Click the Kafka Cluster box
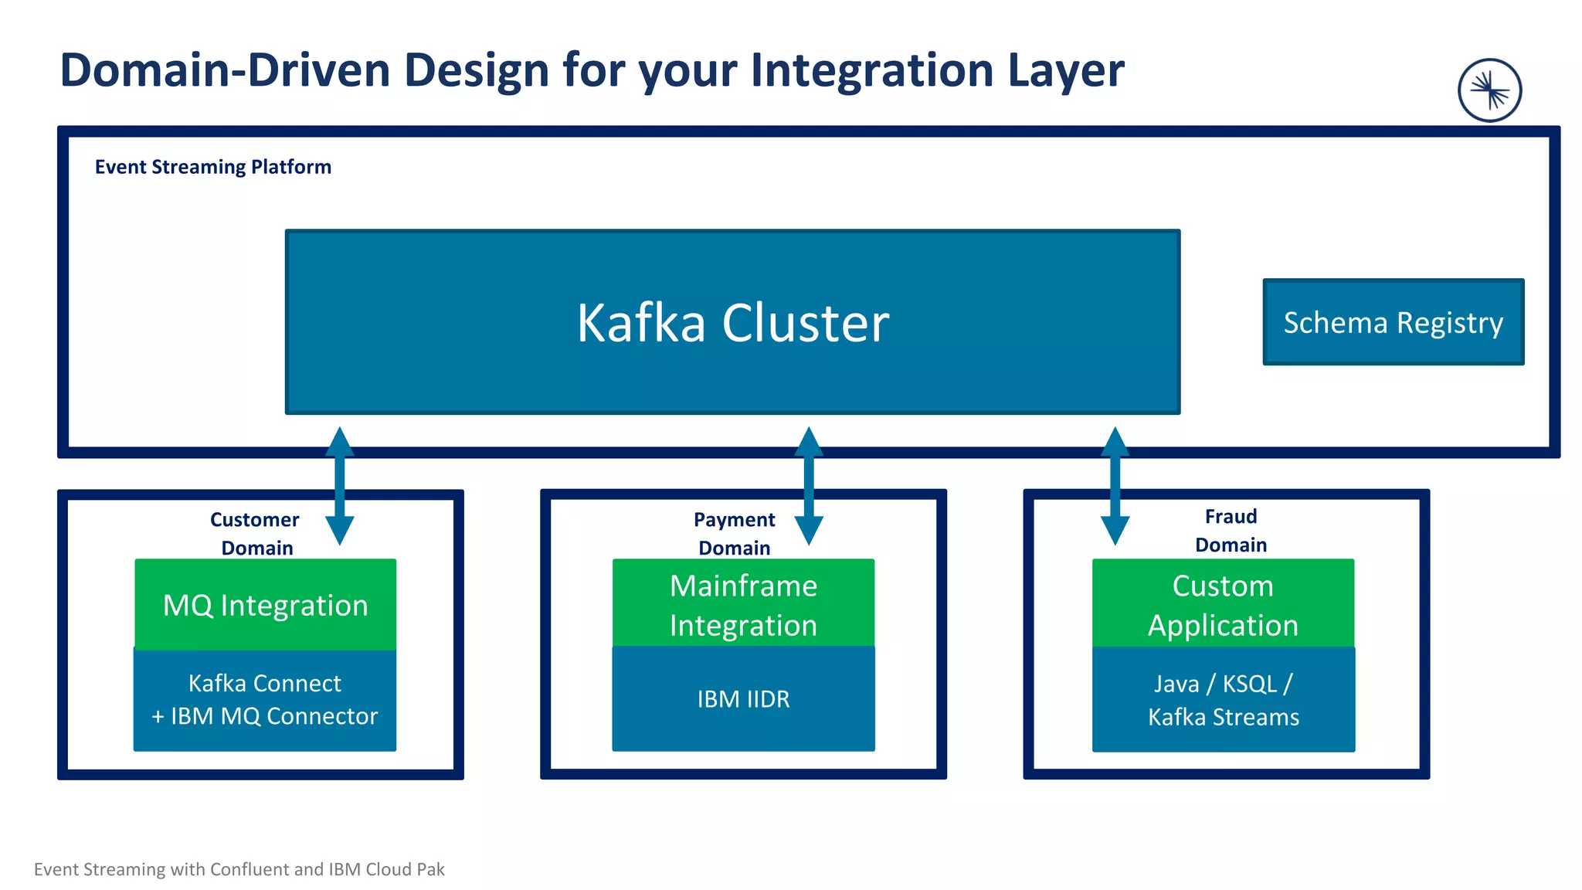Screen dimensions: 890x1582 [732, 321]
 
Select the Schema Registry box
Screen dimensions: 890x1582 [1393, 322]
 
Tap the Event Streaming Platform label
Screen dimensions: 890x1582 [212, 167]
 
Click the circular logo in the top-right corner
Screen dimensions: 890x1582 [1489, 90]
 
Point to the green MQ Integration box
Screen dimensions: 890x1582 [265, 605]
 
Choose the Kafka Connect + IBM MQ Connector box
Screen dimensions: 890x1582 [265, 700]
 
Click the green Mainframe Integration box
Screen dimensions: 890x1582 [743, 604]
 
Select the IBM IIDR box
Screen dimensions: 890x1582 [743, 699]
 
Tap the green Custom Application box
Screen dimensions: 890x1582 [1223, 604]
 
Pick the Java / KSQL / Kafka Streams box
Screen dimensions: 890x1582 [1223, 700]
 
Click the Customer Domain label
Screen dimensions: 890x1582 [256, 533]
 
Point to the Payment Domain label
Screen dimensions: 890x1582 [734, 533]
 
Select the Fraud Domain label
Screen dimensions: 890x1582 [1231, 531]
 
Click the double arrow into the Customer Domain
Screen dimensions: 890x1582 [340, 486]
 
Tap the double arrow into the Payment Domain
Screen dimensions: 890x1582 [809, 486]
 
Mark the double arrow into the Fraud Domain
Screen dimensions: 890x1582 [1115, 486]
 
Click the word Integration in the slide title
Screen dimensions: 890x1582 [872, 70]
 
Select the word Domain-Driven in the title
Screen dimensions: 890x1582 [225, 70]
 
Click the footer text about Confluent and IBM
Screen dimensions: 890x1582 [239, 869]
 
